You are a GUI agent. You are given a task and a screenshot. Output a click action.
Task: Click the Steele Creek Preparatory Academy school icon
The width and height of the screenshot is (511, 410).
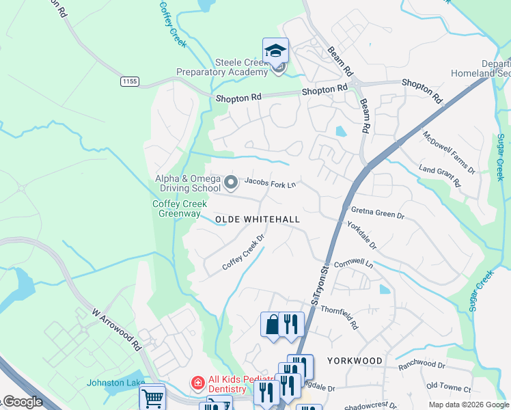tap(275, 50)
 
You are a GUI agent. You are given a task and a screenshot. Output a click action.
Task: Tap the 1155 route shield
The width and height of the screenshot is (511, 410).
tap(130, 81)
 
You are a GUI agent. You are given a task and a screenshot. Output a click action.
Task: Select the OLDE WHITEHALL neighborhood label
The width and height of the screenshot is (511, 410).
tap(258, 219)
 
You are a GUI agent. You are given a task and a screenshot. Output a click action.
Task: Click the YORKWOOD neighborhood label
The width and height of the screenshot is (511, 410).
tap(355, 360)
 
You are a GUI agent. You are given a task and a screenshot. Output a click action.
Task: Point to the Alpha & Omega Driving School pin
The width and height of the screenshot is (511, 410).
tap(231, 182)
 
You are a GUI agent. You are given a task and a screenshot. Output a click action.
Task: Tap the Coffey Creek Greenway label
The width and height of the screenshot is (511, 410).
tap(176, 208)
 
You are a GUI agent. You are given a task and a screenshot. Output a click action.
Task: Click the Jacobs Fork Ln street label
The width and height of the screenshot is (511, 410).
tap(271, 183)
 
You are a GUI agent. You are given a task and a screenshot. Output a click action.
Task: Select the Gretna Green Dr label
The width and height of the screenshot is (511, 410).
tap(378, 213)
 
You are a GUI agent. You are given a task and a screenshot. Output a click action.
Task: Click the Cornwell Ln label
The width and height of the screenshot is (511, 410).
tap(353, 262)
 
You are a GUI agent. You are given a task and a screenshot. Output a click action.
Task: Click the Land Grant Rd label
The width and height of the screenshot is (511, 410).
tap(439, 176)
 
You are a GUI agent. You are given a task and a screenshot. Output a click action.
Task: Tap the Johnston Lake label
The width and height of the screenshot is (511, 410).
tap(115, 383)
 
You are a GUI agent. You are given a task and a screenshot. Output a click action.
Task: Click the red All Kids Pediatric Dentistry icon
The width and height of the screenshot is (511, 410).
tap(197, 383)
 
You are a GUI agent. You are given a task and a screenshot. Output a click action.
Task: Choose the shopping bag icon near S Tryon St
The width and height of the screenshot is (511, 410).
tap(272, 324)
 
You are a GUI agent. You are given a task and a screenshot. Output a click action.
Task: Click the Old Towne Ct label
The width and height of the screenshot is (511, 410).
tap(448, 388)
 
